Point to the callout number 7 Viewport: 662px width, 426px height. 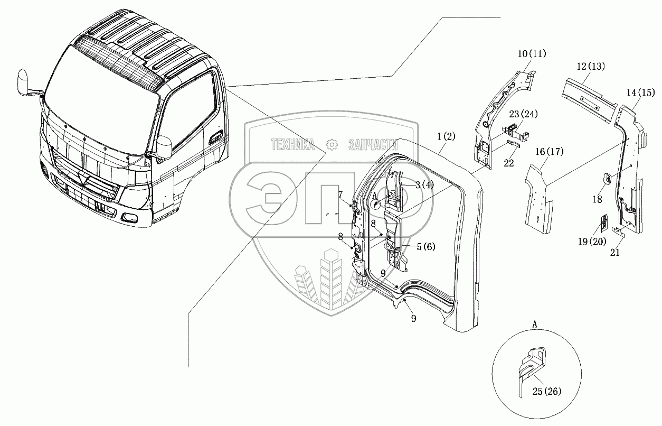[x=341, y=195]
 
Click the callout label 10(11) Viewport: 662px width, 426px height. [x=517, y=54]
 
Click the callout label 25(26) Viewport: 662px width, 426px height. [x=547, y=392]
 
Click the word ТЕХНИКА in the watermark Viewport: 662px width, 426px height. [x=293, y=144]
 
